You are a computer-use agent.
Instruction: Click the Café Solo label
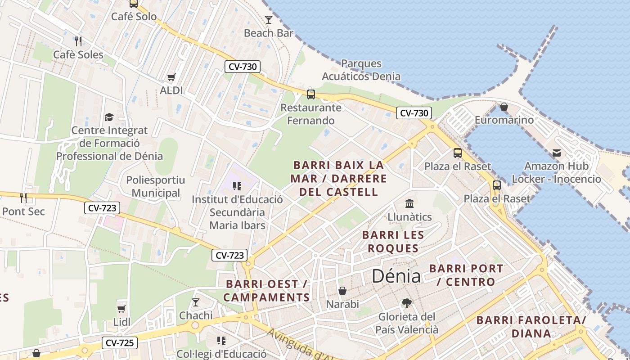pos(134,17)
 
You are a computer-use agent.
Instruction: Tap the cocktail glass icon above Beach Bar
pos(269,19)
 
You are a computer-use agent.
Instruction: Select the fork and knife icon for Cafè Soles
pos(79,41)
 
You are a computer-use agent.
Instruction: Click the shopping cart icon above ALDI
pos(171,77)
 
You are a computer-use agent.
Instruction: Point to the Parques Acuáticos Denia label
pos(361,70)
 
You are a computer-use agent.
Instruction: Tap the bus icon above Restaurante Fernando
pos(310,94)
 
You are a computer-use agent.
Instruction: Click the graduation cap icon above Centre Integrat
pos(109,117)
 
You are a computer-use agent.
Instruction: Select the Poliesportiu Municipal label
pos(156,187)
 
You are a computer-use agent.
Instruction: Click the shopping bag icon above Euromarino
pos(504,107)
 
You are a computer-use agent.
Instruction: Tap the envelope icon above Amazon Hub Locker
pos(557,153)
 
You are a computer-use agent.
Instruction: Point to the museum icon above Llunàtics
pos(409,204)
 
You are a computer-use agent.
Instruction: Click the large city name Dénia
pos(396,276)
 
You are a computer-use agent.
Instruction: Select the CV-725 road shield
pos(119,343)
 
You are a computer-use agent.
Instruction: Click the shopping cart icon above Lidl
pos(121,309)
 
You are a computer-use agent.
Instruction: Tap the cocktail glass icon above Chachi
pos(196,302)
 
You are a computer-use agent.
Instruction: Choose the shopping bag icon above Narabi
pos(342,291)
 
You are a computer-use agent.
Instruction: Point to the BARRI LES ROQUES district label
pos(393,242)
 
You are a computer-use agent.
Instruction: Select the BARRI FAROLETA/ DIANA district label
pos(531,327)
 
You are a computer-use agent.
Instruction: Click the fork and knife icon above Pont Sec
pos(23,198)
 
